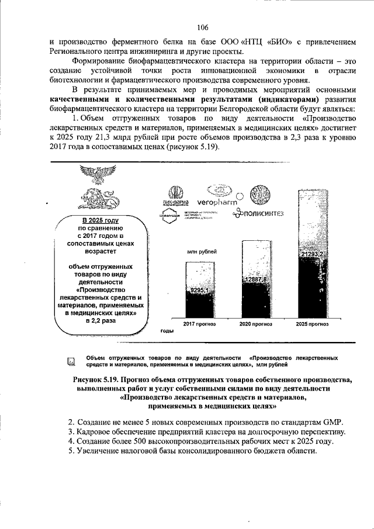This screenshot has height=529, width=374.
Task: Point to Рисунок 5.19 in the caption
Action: click(96, 379)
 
